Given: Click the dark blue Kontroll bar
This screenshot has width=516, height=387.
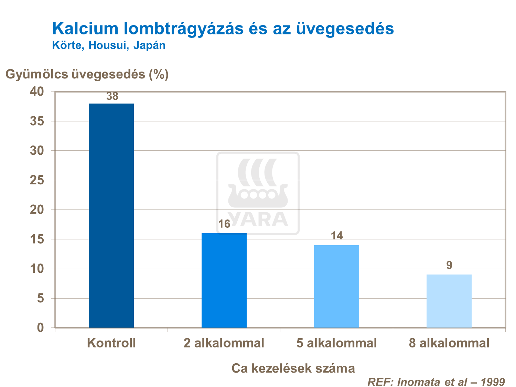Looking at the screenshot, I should click(111, 215).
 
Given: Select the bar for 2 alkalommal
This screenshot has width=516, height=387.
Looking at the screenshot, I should click(224, 280).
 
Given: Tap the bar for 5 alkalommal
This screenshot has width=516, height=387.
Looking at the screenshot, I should click(336, 286).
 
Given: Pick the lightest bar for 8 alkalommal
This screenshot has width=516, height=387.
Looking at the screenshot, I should click(449, 301).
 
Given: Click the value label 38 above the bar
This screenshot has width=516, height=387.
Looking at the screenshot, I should click(112, 96).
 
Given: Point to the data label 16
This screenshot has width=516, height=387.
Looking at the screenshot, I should click(224, 224).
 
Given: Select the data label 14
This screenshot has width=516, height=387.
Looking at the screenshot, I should click(337, 236).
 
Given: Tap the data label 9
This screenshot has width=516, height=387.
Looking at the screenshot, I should click(449, 265).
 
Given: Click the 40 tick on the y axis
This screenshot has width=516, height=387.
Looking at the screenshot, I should click(37, 92).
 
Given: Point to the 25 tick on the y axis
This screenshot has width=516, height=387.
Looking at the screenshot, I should click(37, 180).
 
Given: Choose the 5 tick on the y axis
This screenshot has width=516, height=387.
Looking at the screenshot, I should click(41, 298).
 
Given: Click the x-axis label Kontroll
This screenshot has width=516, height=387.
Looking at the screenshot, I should click(111, 343).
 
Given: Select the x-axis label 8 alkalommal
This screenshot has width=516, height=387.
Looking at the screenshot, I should click(449, 343).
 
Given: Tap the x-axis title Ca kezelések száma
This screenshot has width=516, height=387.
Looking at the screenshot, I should click(293, 368).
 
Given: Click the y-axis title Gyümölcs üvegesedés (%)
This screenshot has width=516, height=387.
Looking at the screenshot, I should click(87, 74).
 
